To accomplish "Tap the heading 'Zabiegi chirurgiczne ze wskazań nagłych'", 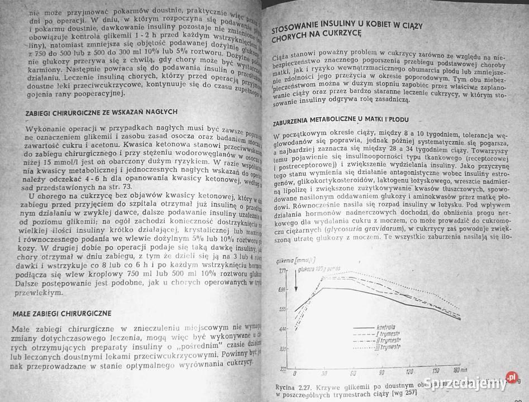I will tap(102, 112).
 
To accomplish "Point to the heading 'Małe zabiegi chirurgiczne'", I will tap(62, 313).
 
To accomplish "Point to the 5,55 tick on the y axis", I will tap(282, 309).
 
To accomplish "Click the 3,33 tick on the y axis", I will tap(282, 348).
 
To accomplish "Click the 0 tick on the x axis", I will tap(296, 373).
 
